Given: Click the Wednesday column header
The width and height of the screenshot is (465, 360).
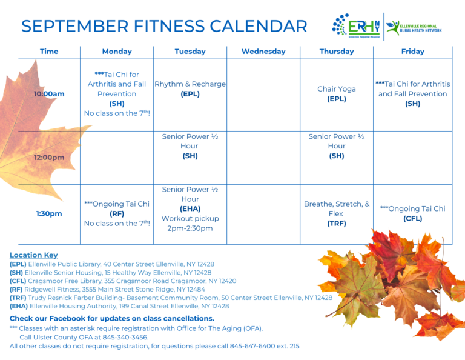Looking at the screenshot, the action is (263, 52).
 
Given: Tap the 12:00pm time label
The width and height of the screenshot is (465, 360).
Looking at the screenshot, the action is (49, 158).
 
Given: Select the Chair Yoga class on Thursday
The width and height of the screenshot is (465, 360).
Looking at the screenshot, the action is (337, 88).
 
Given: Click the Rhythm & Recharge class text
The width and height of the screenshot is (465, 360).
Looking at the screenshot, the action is (190, 84).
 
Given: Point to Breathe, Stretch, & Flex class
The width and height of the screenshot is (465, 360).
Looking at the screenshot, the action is (337, 208).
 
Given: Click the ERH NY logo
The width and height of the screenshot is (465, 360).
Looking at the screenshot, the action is (356, 26).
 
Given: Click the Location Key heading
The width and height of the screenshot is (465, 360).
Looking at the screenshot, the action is (33, 255).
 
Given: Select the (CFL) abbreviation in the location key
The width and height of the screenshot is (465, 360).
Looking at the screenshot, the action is (18, 281).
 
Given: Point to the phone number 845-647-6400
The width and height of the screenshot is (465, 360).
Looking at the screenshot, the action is (252, 346).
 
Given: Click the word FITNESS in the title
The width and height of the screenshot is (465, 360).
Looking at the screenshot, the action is (169, 26).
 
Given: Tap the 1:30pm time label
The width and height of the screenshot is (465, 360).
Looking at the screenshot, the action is (49, 214).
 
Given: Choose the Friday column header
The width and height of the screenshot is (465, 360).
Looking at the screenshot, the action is (412, 52).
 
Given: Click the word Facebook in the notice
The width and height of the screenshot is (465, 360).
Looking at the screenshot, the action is (67, 318).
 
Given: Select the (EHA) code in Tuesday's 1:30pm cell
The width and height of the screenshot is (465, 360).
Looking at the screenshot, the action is (190, 209).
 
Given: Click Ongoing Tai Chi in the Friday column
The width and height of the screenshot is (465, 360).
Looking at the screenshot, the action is (413, 208).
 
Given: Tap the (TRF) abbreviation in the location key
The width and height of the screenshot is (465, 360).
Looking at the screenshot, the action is (18, 298).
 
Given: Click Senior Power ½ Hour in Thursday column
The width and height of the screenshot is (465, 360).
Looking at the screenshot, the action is (337, 141).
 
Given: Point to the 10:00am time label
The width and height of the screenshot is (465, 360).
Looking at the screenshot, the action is (49, 94).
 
